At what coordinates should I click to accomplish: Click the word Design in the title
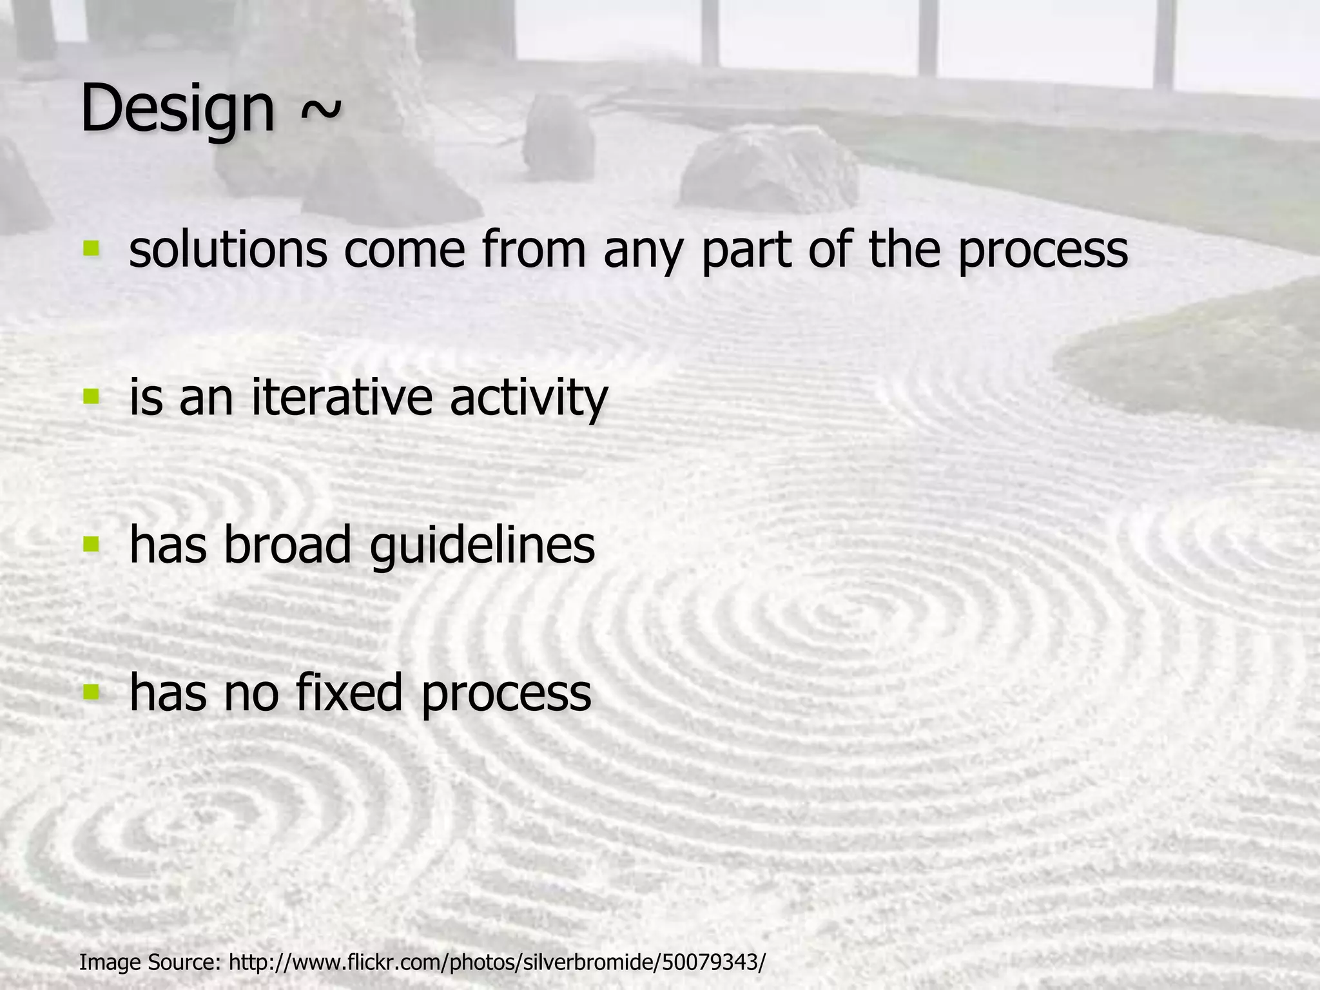[177, 110]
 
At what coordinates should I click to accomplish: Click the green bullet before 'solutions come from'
[92, 248]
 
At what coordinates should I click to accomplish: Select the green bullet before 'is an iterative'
[92, 396]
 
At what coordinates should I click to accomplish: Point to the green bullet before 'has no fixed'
[92, 692]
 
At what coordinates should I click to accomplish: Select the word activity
[529, 398]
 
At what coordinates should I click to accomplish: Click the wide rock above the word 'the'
[767, 171]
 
